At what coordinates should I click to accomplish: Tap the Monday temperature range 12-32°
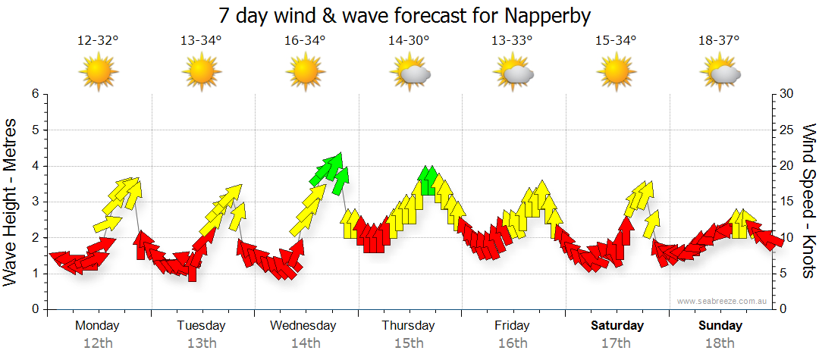(x=98, y=41)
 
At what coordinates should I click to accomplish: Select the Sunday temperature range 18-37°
(x=719, y=41)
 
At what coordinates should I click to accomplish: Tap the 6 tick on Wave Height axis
(x=34, y=94)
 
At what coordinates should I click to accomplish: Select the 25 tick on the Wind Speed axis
(x=786, y=130)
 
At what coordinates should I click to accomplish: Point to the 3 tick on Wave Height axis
(x=34, y=202)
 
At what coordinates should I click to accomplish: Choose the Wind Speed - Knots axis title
(x=808, y=201)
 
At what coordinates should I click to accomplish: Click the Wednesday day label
(x=303, y=326)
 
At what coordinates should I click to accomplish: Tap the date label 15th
(x=408, y=343)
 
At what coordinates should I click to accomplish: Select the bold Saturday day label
(x=617, y=326)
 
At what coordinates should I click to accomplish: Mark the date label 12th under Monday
(x=98, y=343)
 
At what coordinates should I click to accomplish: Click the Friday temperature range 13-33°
(x=512, y=41)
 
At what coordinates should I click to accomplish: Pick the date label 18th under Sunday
(x=720, y=343)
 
